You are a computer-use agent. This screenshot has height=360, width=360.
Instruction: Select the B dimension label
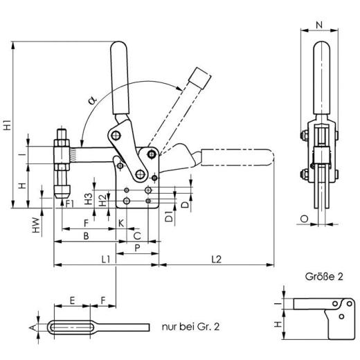[x=86, y=235]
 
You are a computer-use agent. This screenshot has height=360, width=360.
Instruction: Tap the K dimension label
[x=120, y=224]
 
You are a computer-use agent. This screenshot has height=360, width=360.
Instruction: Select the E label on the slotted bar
[x=72, y=301]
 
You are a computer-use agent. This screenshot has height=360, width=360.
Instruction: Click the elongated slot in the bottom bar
[x=72, y=327]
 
